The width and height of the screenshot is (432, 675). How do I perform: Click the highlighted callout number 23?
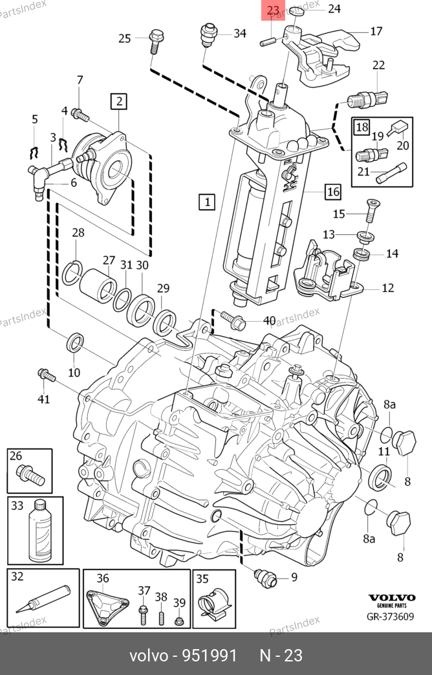[272, 10]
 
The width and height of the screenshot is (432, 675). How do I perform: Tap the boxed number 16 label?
[332, 192]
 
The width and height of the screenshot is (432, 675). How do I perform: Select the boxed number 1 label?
[207, 203]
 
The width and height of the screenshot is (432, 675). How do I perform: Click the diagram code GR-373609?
[390, 616]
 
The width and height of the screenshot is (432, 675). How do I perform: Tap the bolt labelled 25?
[156, 41]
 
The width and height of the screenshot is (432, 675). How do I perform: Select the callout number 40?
[268, 320]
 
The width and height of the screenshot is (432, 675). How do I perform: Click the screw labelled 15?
[371, 210]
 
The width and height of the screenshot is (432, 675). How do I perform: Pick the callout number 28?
[78, 233]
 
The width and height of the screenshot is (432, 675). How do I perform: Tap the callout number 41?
[43, 399]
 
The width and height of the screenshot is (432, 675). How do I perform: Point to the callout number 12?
[387, 288]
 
